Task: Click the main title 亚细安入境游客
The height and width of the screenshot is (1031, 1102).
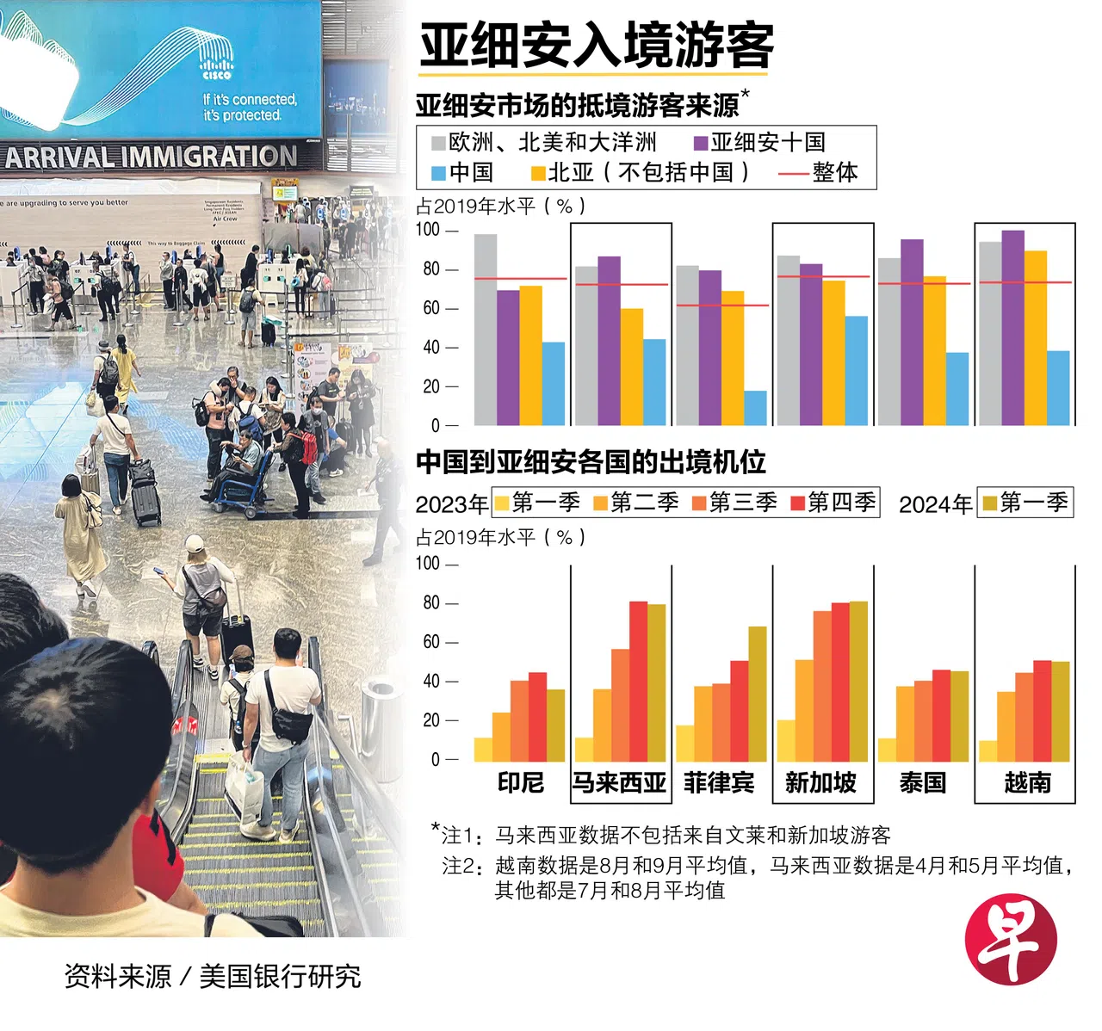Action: [596, 45]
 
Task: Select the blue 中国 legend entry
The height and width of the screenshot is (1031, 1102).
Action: [461, 172]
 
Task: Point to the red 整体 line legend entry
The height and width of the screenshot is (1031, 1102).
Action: [818, 172]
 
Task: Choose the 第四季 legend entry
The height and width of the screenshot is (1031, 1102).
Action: [833, 502]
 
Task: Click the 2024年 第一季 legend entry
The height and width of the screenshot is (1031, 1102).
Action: [1025, 502]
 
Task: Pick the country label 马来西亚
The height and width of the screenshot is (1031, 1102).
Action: [620, 782]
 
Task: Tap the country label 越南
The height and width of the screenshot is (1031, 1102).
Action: [1027, 782]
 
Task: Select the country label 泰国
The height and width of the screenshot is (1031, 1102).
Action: [923, 782]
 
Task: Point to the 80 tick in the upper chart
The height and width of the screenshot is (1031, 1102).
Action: [431, 269]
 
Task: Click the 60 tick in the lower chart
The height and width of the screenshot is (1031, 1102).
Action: [431, 642]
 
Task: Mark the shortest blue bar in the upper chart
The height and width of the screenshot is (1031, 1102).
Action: [755, 408]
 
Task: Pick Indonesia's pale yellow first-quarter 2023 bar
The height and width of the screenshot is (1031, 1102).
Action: [483, 750]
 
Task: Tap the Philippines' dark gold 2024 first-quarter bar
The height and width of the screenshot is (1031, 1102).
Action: [758, 694]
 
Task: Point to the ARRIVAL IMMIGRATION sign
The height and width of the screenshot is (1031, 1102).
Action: [151, 157]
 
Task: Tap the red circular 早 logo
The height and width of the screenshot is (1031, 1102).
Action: [1010, 941]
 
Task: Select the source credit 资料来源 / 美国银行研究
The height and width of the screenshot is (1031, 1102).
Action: [213, 976]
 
